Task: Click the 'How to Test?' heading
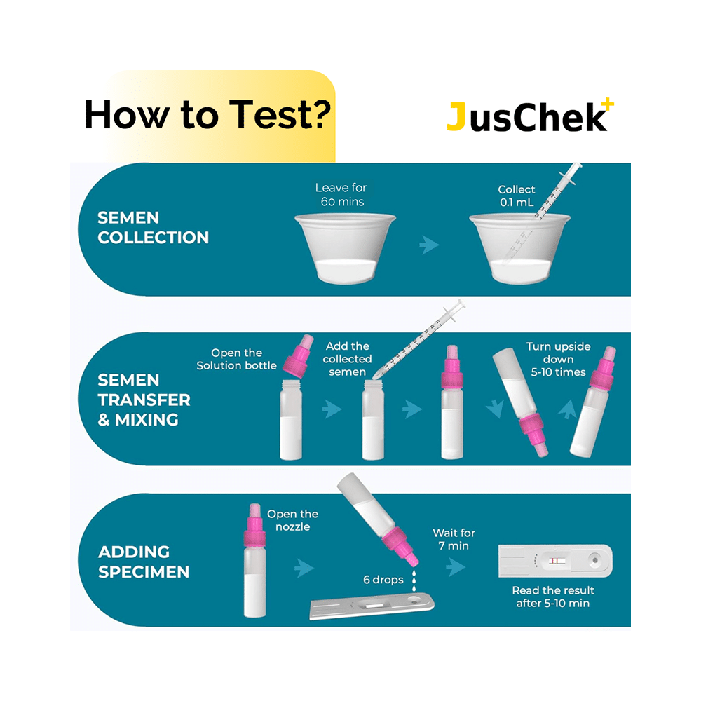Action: tap(207, 114)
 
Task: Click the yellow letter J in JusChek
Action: tap(456, 118)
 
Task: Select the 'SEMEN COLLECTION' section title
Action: tap(153, 228)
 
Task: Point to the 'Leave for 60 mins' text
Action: tap(341, 195)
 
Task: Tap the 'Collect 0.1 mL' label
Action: tap(517, 196)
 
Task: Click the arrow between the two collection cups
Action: tap(429, 245)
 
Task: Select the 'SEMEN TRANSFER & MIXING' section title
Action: tap(144, 400)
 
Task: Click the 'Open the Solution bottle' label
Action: tap(236, 359)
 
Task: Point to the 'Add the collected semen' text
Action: tap(348, 359)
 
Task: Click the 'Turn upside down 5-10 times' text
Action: tap(558, 359)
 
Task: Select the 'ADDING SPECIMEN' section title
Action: tap(144, 562)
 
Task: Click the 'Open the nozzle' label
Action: tap(292, 521)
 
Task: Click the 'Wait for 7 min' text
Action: tap(454, 539)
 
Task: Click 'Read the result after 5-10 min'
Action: tap(553, 597)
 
